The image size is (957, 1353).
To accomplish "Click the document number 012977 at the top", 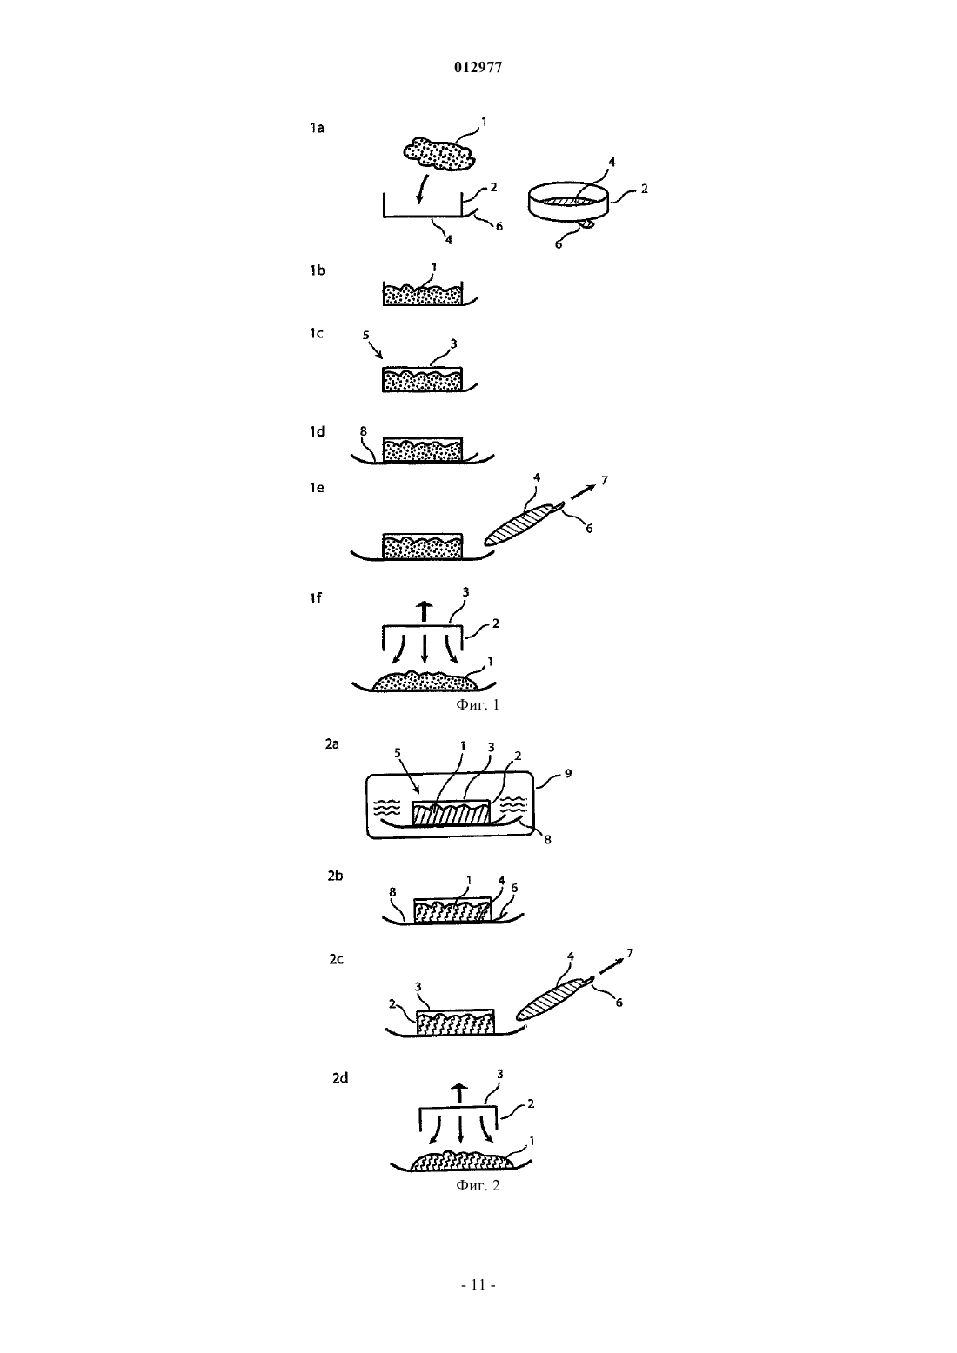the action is coord(478,68).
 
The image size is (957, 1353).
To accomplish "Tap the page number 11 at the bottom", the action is coord(478,1284).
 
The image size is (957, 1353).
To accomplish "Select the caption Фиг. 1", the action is coord(478,704).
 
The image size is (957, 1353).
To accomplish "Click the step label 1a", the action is coord(317,128).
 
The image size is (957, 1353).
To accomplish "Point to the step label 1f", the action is coord(315,598).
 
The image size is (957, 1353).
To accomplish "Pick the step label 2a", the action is coord(331,744).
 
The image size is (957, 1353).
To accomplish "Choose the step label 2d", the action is coord(340,1078).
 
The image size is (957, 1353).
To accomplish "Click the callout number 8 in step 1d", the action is coord(363,431).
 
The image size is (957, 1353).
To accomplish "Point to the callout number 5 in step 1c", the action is coord(365,334).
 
